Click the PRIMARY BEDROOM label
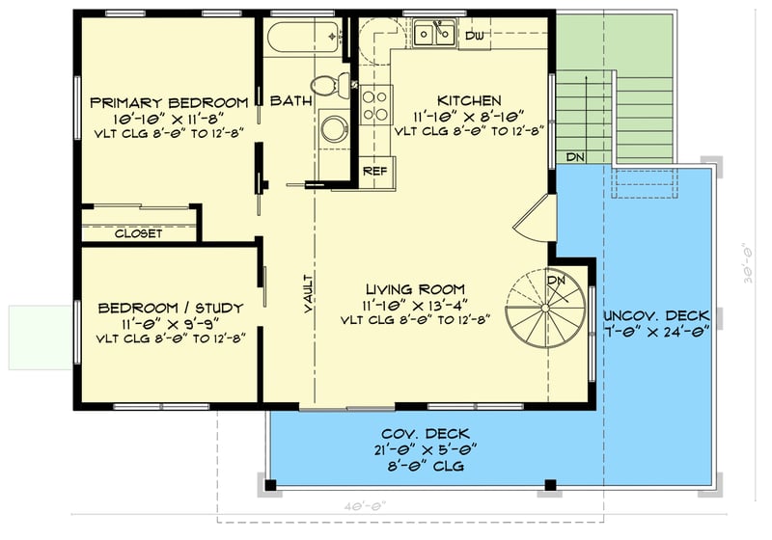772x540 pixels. click(x=169, y=102)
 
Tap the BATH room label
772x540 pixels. click(x=288, y=100)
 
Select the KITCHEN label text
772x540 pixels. click(x=469, y=100)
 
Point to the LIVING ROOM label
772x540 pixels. click(x=415, y=288)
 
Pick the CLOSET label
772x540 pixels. click(x=138, y=233)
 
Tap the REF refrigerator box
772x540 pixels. click(x=373, y=170)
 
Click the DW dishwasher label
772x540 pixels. click(x=473, y=36)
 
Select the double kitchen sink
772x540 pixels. click(x=433, y=36)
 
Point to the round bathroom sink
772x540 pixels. click(x=335, y=128)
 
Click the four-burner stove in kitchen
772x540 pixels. click(x=376, y=103)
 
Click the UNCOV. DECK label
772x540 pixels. click(x=656, y=315)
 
